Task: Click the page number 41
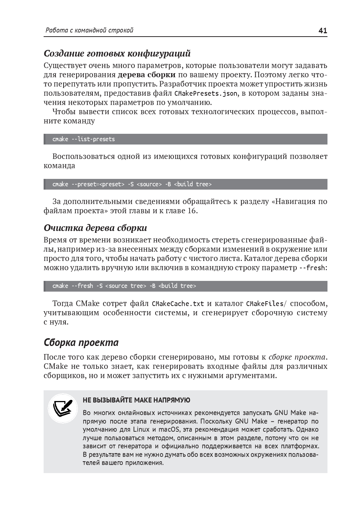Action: [x=322, y=31]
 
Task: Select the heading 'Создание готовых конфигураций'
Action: [x=117, y=54]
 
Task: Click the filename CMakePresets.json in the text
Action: [x=206, y=94]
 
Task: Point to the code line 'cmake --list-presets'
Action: [x=84, y=139]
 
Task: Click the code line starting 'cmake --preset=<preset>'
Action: [x=132, y=184]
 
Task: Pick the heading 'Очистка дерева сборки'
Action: [x=95, y=228]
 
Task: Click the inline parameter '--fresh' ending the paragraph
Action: [x=312, y=268]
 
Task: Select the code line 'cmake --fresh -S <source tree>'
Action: [x=124, y=286]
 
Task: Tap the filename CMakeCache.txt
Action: [x=178, y=304]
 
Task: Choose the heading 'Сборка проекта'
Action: [x=81, y=343]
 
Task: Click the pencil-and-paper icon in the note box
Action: [x=62, y=408]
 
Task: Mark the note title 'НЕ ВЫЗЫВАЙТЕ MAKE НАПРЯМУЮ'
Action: [x=136, y=400]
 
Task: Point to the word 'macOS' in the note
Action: [x=168, y=429]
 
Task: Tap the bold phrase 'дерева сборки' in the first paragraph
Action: [x=147, y=75]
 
